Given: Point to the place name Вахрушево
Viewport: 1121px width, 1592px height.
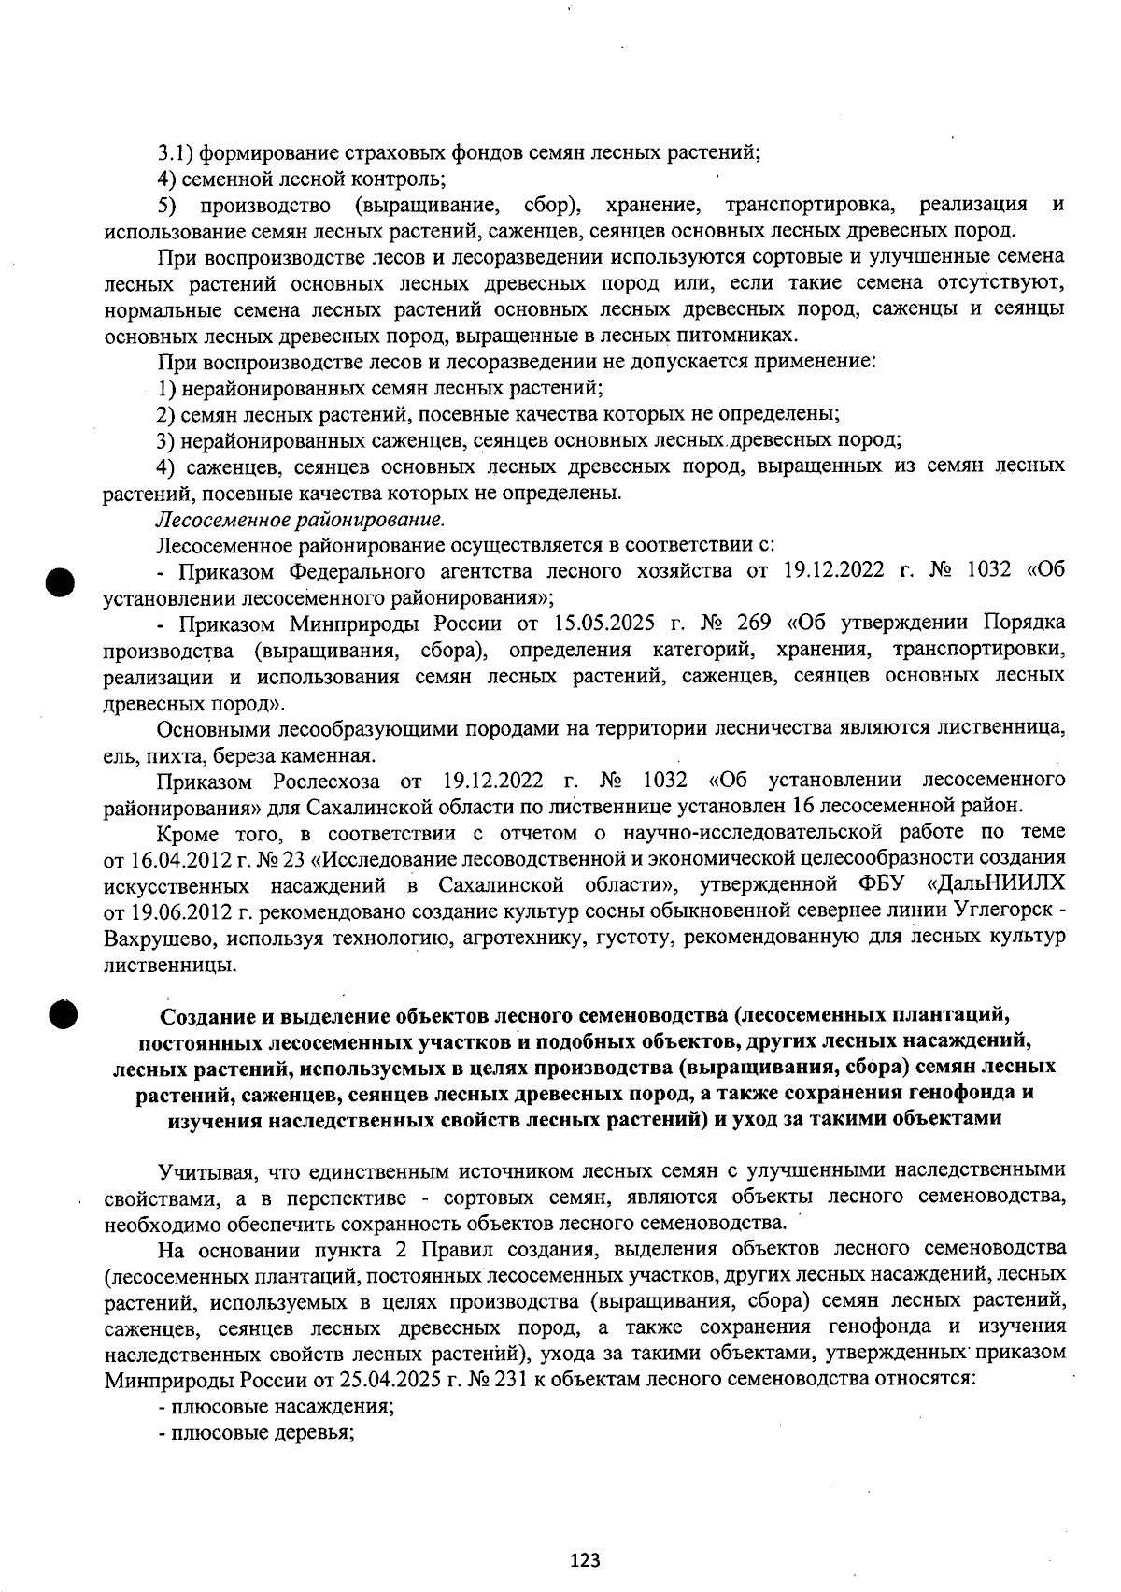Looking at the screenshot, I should (158, 937).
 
